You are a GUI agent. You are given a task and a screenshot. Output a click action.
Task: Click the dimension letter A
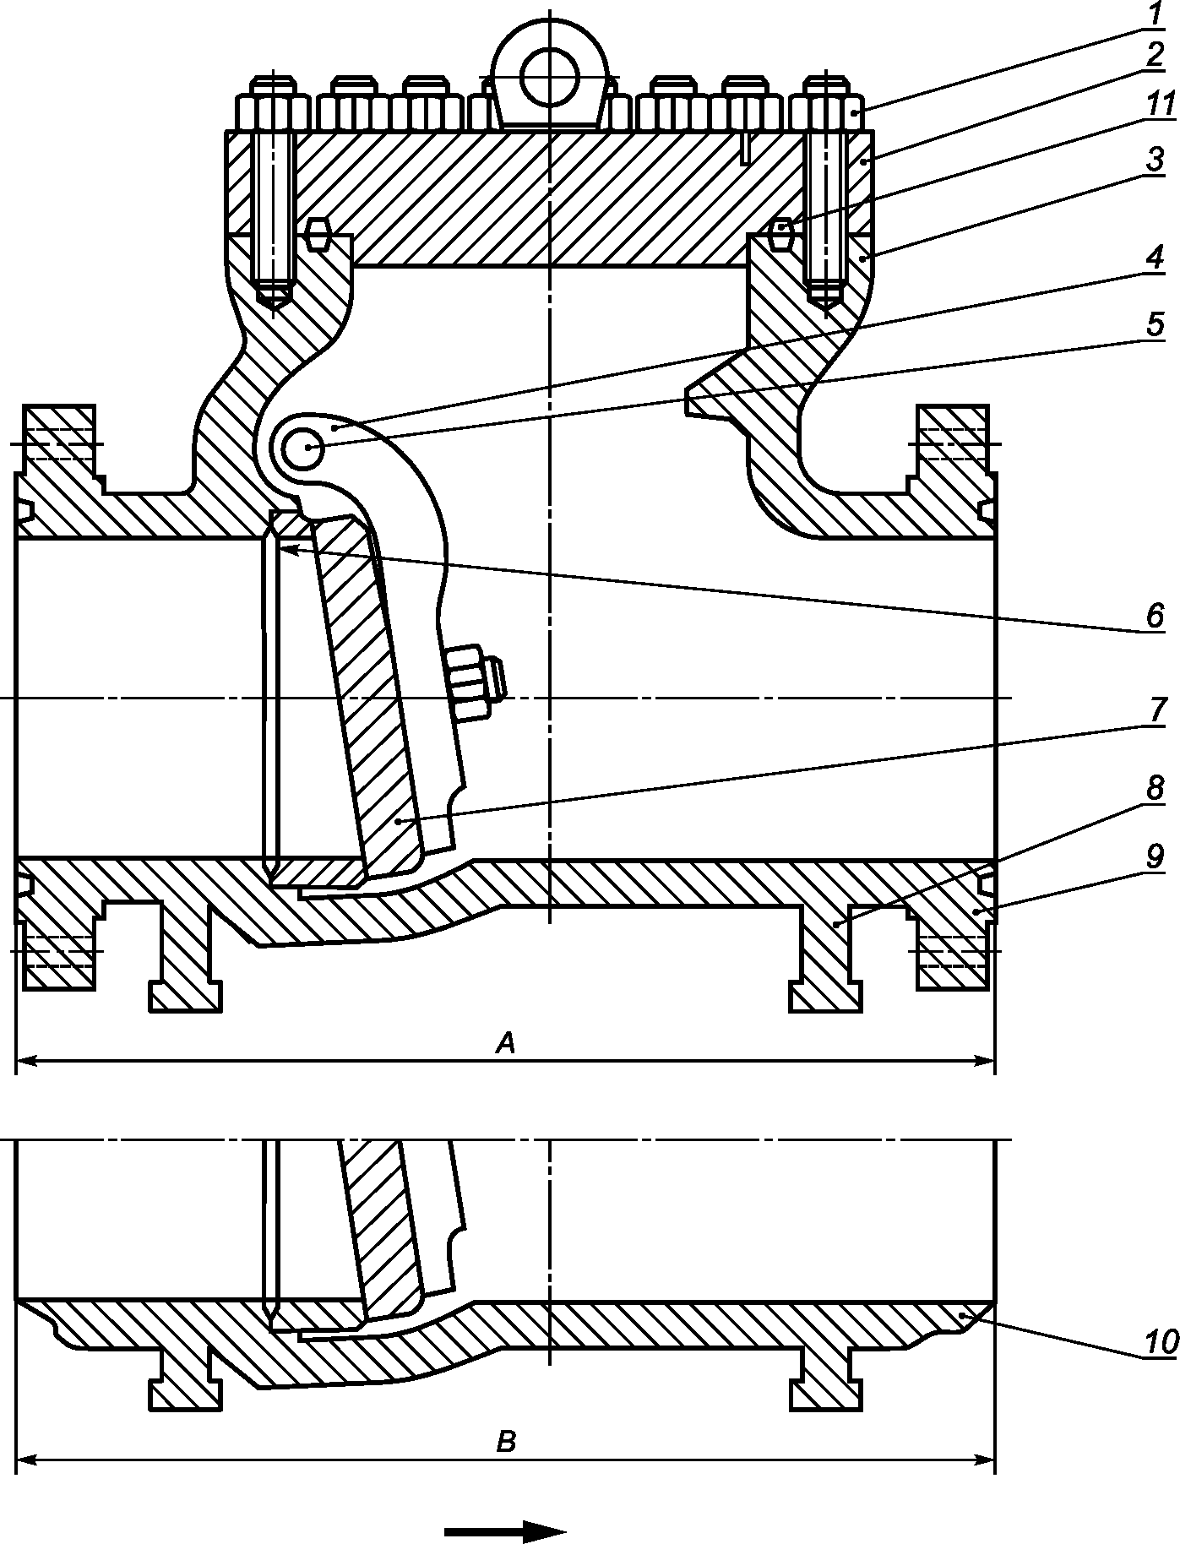pos(505,1044)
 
